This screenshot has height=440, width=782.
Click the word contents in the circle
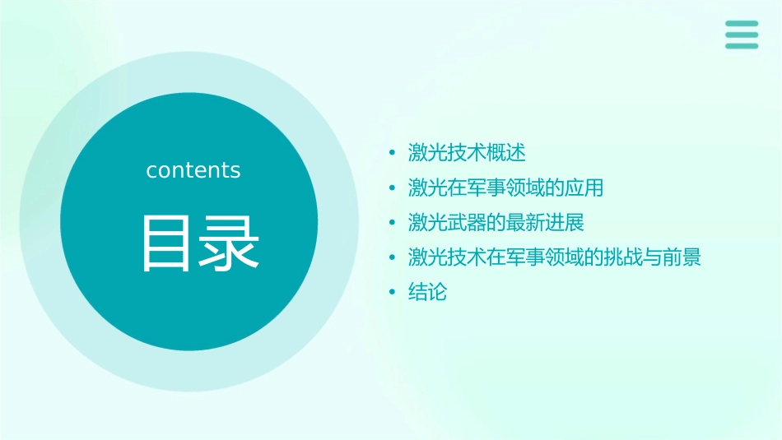click(x=193, y=170)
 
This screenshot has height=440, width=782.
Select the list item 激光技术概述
click(x=467, y=153)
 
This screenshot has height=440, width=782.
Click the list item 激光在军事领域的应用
click(x=505, y=188)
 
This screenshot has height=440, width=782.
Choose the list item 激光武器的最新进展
click(x=496, y=223)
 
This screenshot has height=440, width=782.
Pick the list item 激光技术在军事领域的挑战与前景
click(x=554, y=257)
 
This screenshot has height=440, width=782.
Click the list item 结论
click(x=427, y=292)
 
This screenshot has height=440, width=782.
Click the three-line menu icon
click(x=742, y=35)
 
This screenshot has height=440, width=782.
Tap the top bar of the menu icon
click(x=742, y=24)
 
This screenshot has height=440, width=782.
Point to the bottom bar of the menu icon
click(x=742, y=46)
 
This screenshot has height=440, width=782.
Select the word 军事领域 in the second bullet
click(x=496, y=188)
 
